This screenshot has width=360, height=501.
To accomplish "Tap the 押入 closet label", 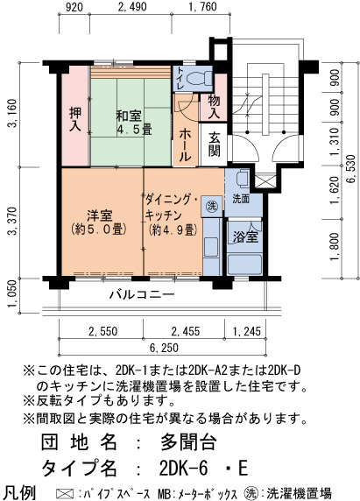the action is (75, 120).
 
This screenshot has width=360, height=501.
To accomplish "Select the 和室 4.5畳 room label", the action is (133, 123).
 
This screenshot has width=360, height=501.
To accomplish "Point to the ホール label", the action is (186, 145).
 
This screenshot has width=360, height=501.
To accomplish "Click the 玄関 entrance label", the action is (214, 145).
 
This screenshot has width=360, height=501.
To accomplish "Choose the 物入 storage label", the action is (214, 107).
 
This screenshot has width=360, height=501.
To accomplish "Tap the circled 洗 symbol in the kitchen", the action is (211, 206).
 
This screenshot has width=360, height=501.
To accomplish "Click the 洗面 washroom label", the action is (241, 200).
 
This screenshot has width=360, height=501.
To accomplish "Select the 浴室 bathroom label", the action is (245, 236).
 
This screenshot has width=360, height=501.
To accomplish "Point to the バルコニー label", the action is (142, 294).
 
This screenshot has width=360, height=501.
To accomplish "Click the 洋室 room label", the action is (100, 215).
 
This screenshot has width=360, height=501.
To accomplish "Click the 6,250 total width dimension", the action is (164, 348).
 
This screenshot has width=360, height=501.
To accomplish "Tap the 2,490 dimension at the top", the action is (132, 7).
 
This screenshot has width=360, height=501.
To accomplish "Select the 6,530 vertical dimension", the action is (350, 169).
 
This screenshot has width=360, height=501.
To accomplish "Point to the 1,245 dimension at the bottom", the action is (247, 331).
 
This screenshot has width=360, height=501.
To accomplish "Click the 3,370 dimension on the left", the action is (13, 221).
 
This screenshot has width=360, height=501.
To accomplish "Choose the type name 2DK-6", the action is (183, 469).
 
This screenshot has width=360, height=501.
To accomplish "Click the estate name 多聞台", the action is (188, 442).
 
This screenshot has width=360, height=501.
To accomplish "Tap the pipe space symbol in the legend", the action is (64, 493).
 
